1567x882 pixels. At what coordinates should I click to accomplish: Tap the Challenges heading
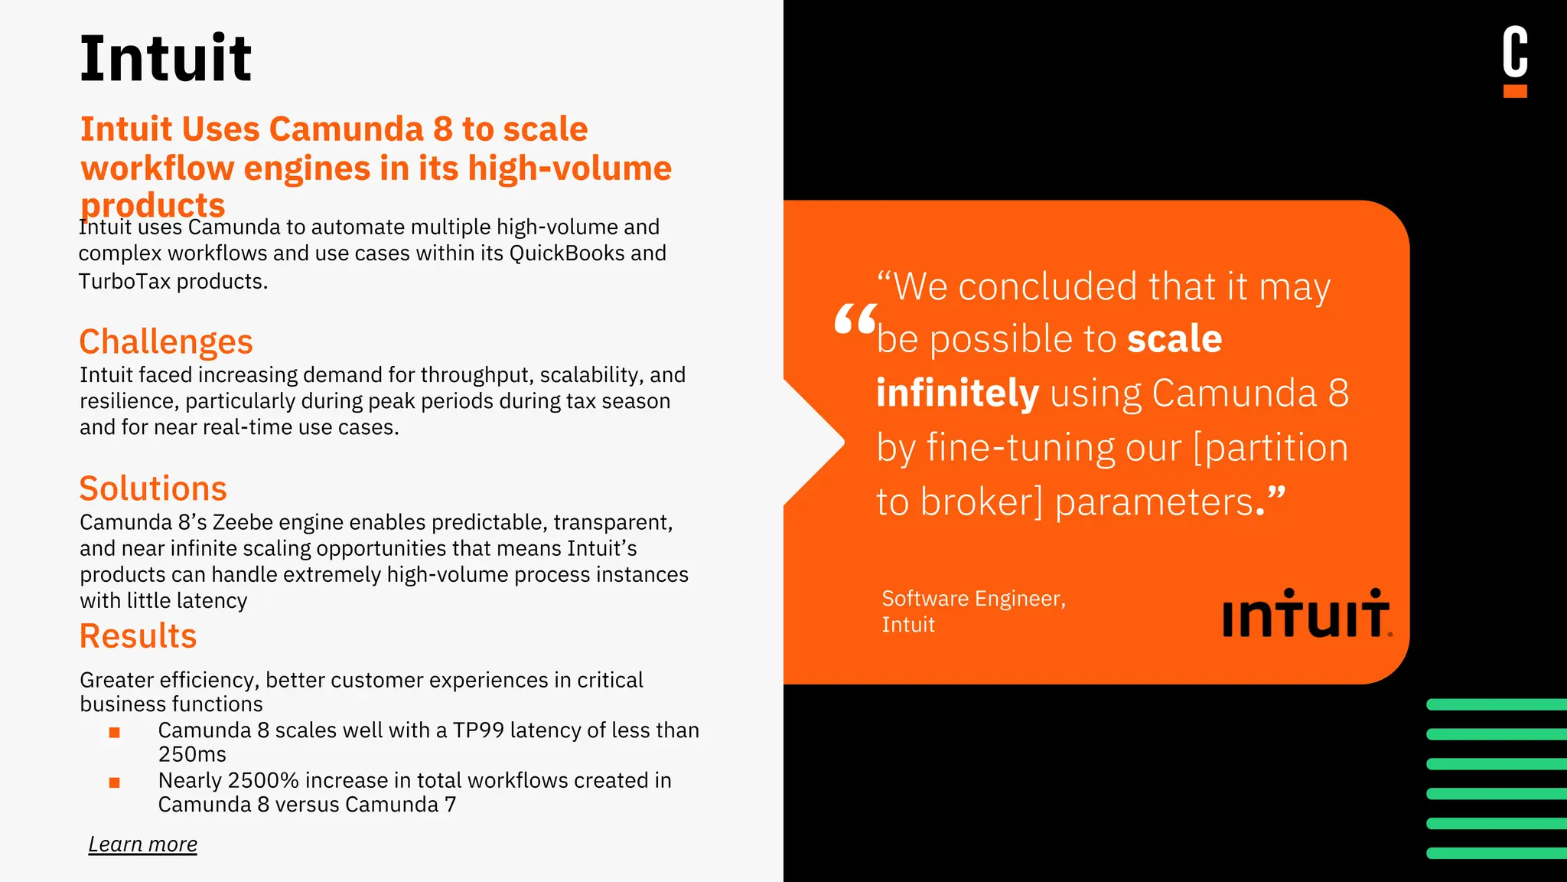[x=165, y=341]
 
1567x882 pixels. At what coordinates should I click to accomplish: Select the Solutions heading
[x=153, y=488]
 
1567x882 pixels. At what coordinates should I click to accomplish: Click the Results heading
[x=138, y=636]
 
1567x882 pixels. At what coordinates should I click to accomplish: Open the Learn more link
[x=142, y=844]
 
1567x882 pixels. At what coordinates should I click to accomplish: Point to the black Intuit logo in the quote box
[x=1306, y=614]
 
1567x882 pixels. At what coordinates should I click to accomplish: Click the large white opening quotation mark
[x=855, y=320]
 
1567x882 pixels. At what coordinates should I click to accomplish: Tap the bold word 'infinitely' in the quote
[x=957, y=393]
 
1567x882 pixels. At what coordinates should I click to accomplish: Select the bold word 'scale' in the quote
[x=1174, y=338]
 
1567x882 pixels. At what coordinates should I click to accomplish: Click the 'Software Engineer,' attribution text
[x=973, y=599]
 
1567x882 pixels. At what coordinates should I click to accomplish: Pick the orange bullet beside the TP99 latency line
[x=115, y=732]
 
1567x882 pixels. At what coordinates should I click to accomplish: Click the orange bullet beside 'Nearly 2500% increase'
[x=115, y=782]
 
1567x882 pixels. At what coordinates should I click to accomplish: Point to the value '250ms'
[x=192, y=755]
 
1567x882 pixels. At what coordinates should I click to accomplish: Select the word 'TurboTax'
[x=125, y=282]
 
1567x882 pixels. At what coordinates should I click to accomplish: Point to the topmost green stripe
[x=1496, y=704]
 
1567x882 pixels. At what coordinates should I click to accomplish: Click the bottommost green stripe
[x=1496, y=853]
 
